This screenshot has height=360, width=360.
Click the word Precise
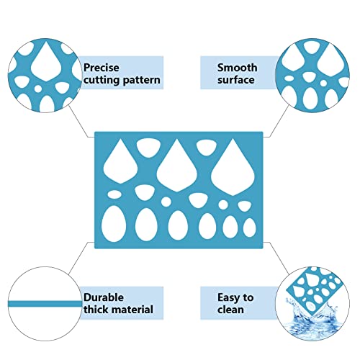coord(102,68)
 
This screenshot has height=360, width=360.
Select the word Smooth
coord(237,68)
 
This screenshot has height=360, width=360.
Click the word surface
coord(236,80)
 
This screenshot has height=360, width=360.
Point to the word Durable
coord(104,297)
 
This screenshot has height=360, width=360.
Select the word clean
coord(230,310)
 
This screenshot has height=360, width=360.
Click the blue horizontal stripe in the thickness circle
coord(45,304)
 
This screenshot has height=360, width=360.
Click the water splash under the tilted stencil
coord(312,322)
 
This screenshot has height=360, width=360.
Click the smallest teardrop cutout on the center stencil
coord(120,163)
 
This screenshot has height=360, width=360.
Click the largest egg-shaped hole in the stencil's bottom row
coord(114,224)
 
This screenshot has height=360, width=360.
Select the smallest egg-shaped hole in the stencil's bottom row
coord(249,228)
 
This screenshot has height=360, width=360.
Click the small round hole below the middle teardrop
coord(166,202)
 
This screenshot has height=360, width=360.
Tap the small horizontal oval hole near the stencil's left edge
coord(114,194)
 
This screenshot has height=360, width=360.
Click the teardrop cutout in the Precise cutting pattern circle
coord(46,62)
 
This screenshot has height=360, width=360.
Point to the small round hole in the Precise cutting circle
coord(37,89)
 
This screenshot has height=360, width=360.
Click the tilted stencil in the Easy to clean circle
coord(315,290)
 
